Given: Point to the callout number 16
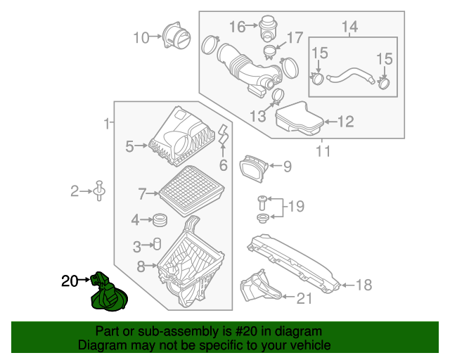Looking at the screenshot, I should pyautogui.click(x=237, y=27).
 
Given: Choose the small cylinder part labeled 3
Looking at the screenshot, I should pyautogui.click(x=157, y=245).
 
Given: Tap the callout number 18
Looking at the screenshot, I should pyautogui.click(x=364, y=285).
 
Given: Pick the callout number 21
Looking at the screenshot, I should pyautogui.click(x=303, y=298).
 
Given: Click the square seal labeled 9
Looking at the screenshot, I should pyautogui.click(x=252, y=167).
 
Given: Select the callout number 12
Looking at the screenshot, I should pyautogui.click(x=345, y=122).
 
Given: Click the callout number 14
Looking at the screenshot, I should pyautogui.click(x=349, y=27).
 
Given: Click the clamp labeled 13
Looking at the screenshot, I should pyautogui.click(x=276, y=96).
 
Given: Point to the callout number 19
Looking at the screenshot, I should pyautogui.click(x=296, y=207).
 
